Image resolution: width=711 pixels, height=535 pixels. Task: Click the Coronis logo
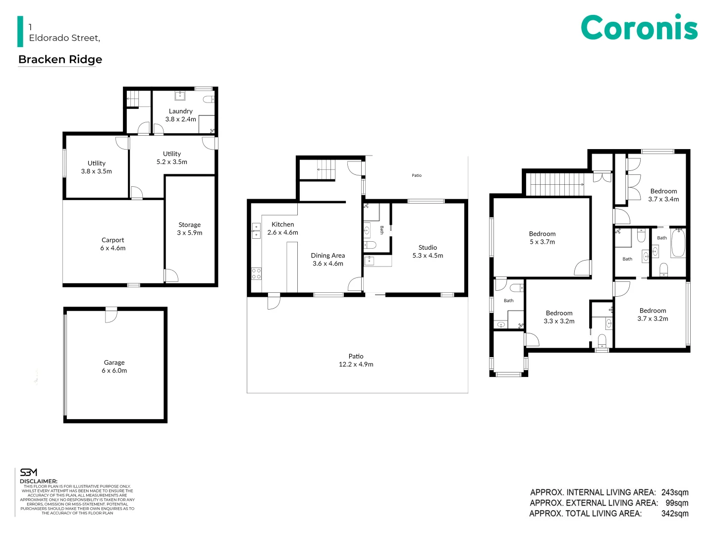[x=639, y=28]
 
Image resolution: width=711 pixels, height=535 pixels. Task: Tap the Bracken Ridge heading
[x=60, y=59]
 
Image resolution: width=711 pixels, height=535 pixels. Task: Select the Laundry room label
[x=180, y=111]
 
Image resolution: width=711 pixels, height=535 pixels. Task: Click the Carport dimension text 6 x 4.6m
[x=113, y=248]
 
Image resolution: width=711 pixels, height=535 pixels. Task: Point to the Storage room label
[x=189, y=225]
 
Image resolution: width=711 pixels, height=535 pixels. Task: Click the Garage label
[x=114, y=363]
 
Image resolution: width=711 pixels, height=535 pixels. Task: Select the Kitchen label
[x=282, y=224]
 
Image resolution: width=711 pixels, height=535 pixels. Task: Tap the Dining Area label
[x=328, y=256]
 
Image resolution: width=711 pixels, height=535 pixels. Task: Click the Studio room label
[x=428, y=248]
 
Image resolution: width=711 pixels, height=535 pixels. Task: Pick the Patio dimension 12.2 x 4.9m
[x=356, y=365]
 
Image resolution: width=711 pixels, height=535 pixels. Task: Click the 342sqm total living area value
[x=674, y=514]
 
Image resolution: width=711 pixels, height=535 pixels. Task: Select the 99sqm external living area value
[x=676, y=503]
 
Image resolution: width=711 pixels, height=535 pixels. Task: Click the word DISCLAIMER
[x=39, y=481]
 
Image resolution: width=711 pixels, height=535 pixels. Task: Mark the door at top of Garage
[x=111, y=315]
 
